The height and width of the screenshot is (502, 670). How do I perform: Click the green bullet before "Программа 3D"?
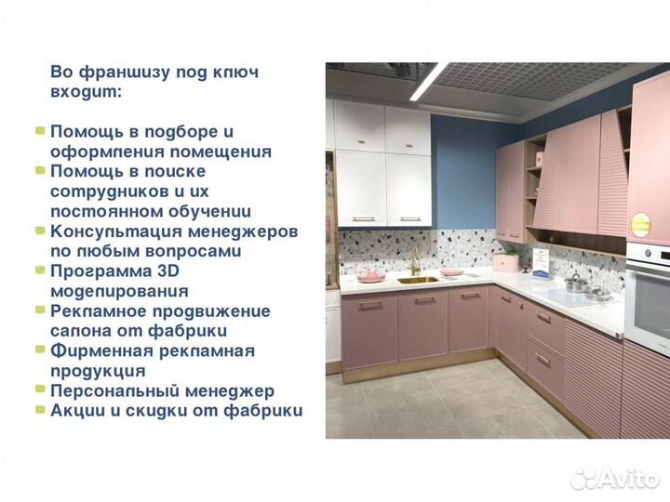click(40, 271)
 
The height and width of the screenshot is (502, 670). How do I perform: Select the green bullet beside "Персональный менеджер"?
click(40, 390)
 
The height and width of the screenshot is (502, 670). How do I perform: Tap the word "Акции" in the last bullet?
click(80, 410)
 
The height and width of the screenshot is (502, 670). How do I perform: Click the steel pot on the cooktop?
click(576, 283)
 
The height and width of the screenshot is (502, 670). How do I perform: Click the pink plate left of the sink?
click(372, 276)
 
